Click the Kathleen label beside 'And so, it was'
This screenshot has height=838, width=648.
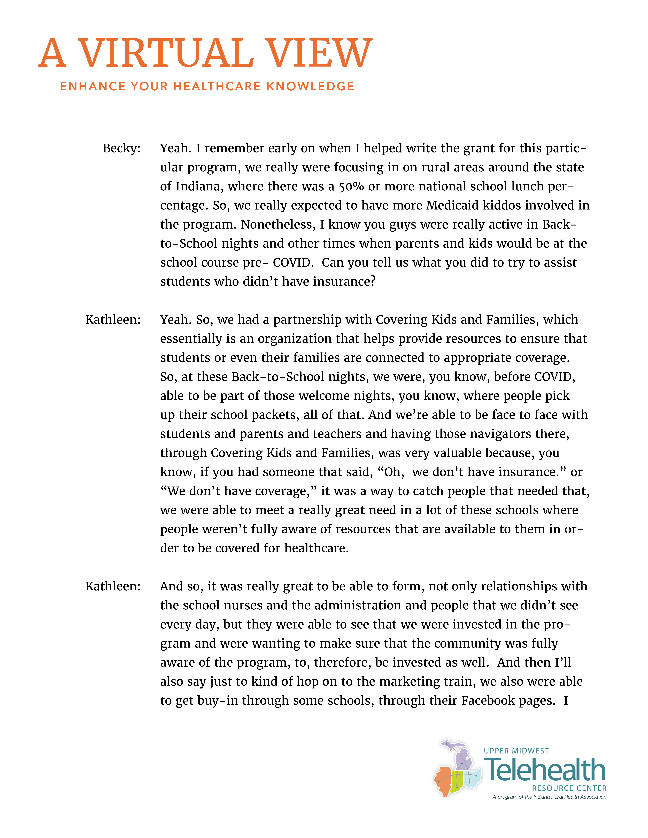pyautogui.click(x=113, y=586)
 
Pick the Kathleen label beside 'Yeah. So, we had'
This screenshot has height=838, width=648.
pyautogui.click(x=113, y=320)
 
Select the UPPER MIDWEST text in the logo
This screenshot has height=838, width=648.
pyautogui.click(x=516, y=751)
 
